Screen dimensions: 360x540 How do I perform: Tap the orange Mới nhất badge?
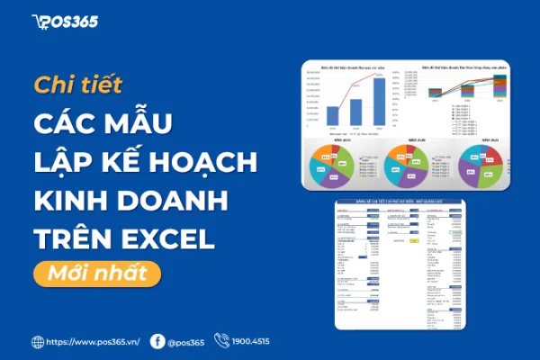point(96,271)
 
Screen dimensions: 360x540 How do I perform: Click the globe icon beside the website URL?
point(38,342)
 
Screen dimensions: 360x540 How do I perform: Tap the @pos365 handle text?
point(187,342)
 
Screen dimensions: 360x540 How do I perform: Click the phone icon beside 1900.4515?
point(226,342)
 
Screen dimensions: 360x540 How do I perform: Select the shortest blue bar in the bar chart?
point(333,115)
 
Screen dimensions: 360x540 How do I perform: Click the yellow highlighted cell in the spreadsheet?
point(414,241)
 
